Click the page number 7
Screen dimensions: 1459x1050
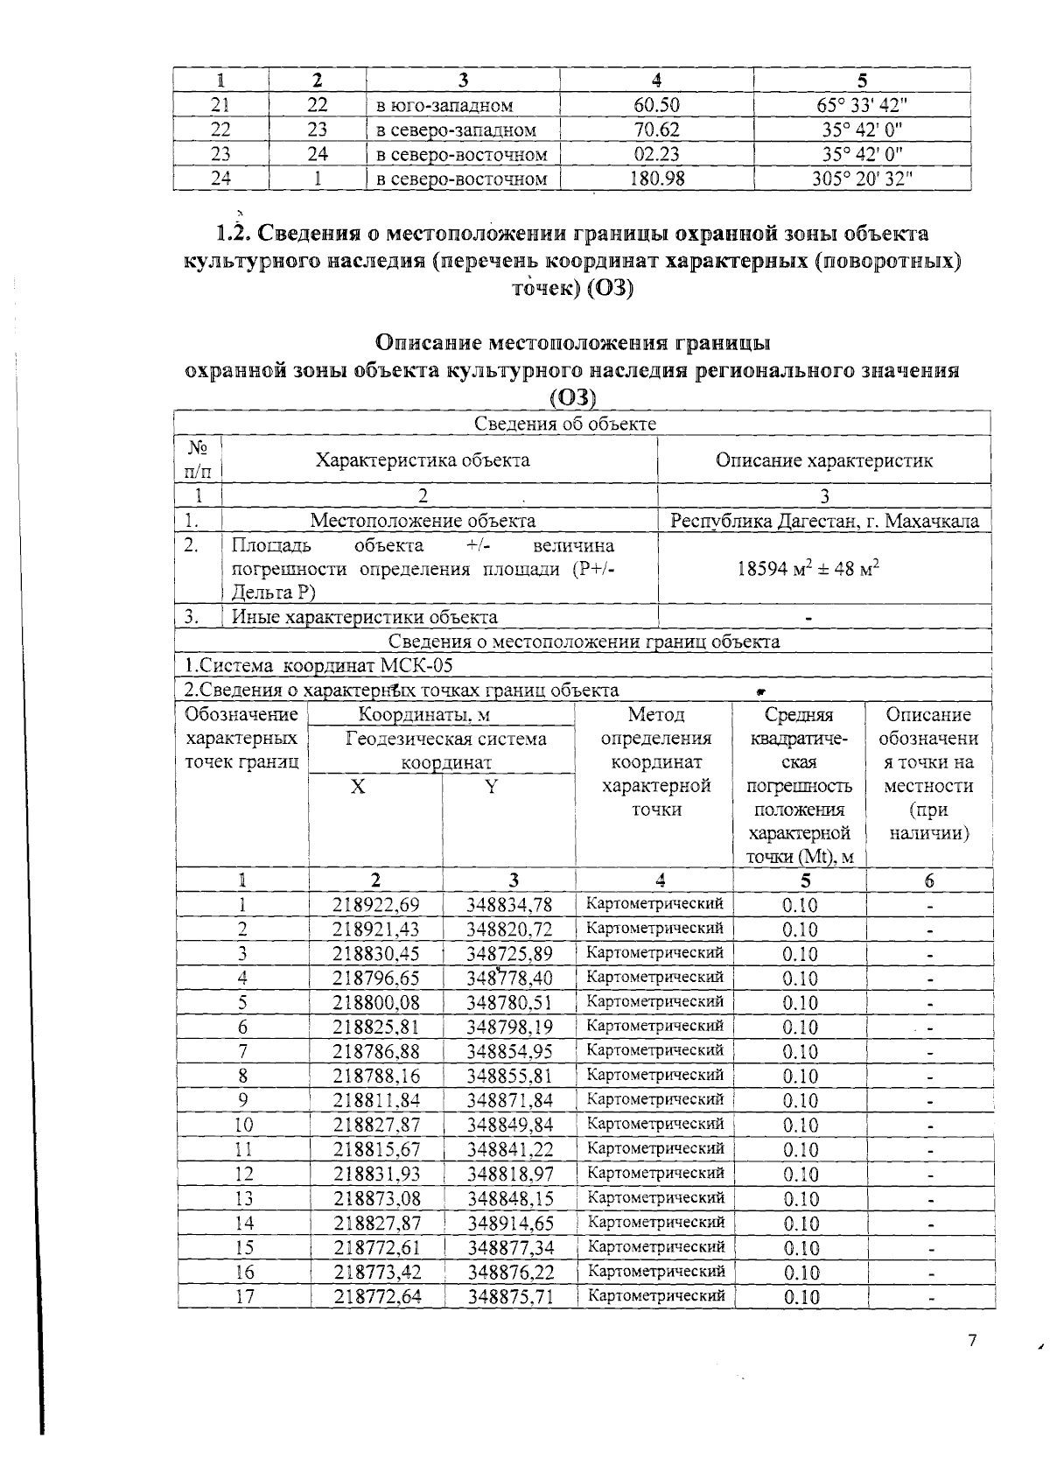(x=971, y=1341)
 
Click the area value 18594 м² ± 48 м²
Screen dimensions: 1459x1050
(x=808, y=569)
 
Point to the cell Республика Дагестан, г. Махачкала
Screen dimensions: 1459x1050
(x=824, y=521)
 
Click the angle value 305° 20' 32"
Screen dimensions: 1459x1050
(x=862, y=179)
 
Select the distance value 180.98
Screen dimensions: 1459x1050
(x=656, y=179)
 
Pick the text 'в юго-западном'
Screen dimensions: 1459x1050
(x=444, y=106)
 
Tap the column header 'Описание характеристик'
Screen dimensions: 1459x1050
(x=823, y=460)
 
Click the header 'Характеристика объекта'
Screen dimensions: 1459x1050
(x=422, y=460)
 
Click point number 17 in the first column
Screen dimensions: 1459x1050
(x=244, y=1296)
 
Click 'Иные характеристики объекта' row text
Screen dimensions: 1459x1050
(x=364, y=616)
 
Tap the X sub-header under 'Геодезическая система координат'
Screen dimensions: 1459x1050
(x=358, y=787)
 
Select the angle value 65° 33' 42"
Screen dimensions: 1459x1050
(x=862, y=106)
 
